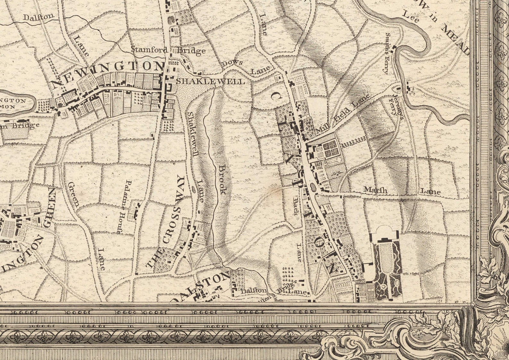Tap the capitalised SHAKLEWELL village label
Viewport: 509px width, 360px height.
[210, 81]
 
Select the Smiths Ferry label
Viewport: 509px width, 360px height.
[388, 53]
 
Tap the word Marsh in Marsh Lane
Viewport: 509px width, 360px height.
[375, 190]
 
